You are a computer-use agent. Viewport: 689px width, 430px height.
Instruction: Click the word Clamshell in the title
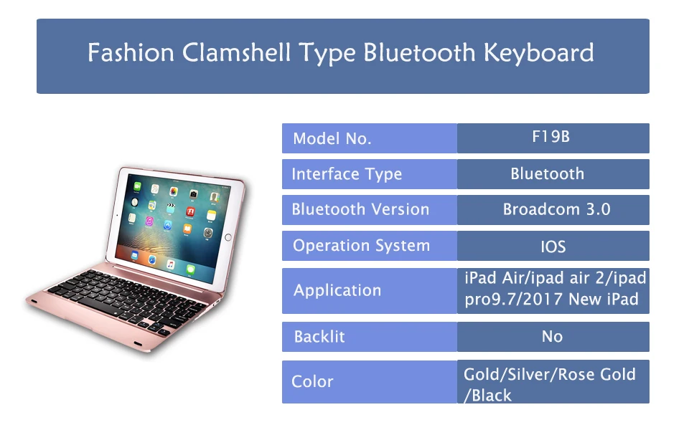[236, 52]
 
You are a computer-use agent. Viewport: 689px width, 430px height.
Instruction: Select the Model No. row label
[332, 138]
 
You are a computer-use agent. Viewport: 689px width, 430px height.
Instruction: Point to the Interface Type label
[347, 174]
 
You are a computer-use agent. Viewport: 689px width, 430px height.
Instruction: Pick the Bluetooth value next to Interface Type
[547, 173]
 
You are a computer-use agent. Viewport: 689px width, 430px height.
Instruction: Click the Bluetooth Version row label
[360, 209]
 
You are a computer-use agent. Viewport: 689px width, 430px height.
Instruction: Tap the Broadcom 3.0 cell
[557, 209]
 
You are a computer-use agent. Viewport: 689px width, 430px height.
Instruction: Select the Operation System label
[361, 246]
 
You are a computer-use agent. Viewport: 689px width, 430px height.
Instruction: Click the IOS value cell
[553, 247]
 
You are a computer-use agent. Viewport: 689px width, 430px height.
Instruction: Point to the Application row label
[337, 290]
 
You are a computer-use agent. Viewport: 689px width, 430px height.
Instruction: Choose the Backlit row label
[319, 337]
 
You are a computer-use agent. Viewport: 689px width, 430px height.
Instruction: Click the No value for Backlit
[553, 337]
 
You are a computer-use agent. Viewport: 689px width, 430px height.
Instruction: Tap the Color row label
[312, 382]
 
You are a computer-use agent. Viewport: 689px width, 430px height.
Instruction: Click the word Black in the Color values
[492, 396]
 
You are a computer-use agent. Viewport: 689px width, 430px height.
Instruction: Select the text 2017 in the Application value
[543, 300]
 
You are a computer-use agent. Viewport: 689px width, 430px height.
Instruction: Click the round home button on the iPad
[228, 237]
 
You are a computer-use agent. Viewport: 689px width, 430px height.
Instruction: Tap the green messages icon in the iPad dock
[190, 269]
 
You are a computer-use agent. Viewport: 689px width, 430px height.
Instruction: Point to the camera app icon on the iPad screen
[193, 193]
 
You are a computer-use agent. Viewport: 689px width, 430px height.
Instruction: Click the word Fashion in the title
[131, 52]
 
